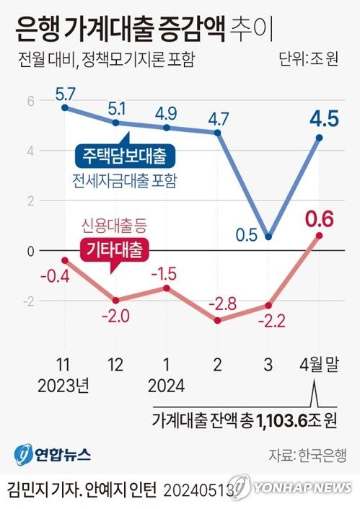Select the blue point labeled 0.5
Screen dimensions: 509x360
point(268,236)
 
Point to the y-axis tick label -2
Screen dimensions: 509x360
point(9,301)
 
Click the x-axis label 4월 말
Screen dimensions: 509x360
point(317,367)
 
